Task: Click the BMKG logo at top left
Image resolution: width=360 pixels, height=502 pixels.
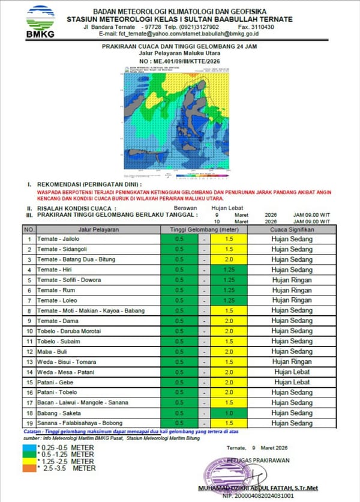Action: point(40,22)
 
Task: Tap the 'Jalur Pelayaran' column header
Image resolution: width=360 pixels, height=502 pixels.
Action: point(98,229)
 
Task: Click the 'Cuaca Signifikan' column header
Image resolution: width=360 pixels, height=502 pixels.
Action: point(292,229)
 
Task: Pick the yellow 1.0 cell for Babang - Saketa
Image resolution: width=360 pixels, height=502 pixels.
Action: point(229,413)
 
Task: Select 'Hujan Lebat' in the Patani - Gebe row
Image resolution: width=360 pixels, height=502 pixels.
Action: point(292,382)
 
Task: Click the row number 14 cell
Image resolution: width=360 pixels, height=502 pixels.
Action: point(29,372)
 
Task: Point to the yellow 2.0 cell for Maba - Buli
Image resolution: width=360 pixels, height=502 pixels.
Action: point(229,351)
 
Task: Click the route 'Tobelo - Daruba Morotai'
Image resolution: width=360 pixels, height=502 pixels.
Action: point(68,331)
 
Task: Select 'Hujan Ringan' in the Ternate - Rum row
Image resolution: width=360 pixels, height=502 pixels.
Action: point(292,290)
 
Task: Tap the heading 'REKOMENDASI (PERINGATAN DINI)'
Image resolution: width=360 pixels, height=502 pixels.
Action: point(89,184)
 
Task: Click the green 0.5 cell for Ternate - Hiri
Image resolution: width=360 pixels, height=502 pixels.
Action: point(179,270)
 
